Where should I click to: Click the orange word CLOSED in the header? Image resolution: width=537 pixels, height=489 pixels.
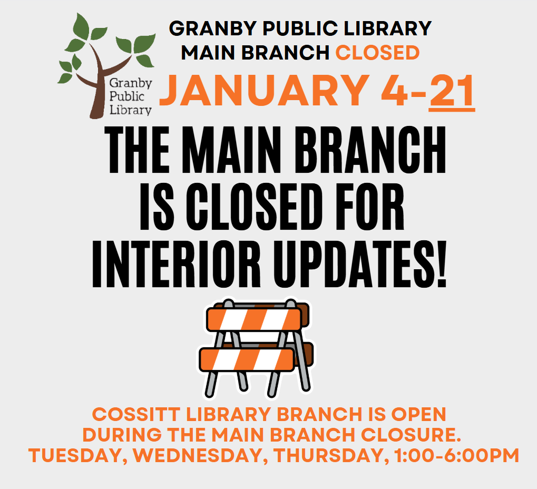[x=377, y=53]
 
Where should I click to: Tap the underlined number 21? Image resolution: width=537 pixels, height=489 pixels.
[x=452, y=91]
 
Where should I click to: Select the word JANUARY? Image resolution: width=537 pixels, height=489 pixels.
[x=263, y=91]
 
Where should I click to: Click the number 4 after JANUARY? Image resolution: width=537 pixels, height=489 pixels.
[x=395, y=91]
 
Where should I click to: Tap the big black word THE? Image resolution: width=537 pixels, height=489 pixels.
[x=138, y=150]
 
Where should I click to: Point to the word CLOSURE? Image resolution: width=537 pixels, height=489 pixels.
[x=411, y=435]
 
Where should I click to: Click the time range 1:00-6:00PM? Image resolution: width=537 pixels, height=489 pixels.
[x=457, y=455]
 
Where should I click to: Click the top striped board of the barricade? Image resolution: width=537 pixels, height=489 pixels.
[x=254, y=319]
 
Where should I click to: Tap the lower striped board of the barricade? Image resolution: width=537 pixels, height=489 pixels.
[x=247, y=359]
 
